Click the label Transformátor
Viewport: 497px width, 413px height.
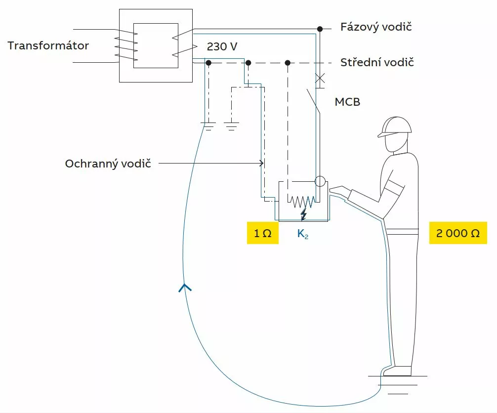click(x=48, y=45)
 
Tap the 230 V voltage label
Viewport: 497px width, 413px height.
click(x=222, y=46)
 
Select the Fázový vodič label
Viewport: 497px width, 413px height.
click(x=376, y=27)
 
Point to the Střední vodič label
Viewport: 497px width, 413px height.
click(x=377, y=62)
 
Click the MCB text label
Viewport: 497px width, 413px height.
click(x=347, y=102)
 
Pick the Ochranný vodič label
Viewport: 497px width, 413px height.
click(x=108, y=164)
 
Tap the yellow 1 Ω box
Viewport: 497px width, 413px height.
click(x=263, y=233)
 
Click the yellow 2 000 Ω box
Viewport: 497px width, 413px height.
click(x=458, y=233)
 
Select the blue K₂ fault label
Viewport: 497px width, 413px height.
click(x=303, y=234)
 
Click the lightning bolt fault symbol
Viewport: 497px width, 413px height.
click(x=304, y=214)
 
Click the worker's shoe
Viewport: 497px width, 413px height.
click(x=398, y=371)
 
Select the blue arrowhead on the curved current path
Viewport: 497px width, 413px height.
click(x=185, y=288)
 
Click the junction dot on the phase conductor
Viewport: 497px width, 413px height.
click(x=320, y=29)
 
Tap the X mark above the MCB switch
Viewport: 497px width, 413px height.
click(x=320, y=78)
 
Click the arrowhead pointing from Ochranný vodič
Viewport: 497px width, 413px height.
click(x=261, y=163)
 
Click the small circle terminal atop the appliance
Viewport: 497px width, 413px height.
click(x=320, y=181)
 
